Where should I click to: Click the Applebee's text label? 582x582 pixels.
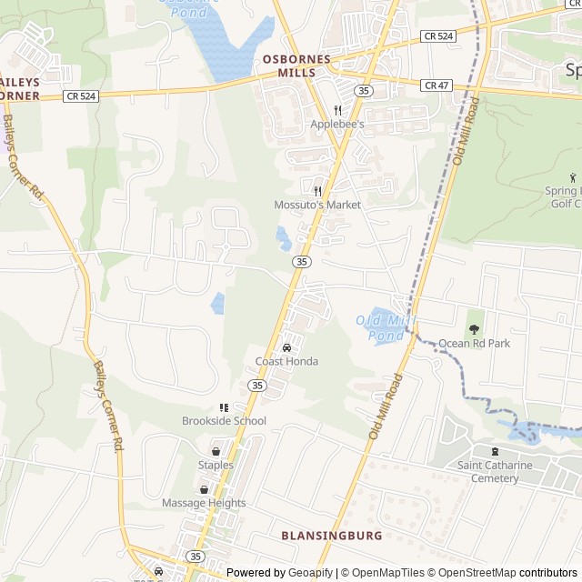click(x=336, y=124)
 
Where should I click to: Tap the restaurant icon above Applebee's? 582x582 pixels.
click(x=337, y=110)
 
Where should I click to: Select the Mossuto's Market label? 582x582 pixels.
click(x=317, y=205)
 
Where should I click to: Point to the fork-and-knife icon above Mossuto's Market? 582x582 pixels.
click(x=317, y=191)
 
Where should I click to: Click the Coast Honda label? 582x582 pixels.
click(x=286, y=361)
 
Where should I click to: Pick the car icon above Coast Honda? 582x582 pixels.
click(x=286, y=347)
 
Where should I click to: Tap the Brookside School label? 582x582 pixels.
click(x=224, y=421)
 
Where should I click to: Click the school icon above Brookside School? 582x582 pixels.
click(x=224, y=407)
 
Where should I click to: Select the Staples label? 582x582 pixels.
click(x=216, y=465)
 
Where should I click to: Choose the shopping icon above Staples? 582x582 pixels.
click(x=216, y=451)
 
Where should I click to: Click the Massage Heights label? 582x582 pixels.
click(x=204, y=503)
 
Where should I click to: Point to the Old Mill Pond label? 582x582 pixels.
click(x=380, y=326)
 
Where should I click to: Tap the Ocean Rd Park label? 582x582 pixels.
click(x=474, y=343)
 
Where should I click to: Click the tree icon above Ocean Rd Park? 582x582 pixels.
click(x=474, y=328)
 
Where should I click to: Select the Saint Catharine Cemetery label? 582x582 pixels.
click(x=495, y=472)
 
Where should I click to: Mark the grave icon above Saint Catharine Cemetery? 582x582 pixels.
click(x=495, y=452)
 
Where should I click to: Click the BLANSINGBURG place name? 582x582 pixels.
click(x=332, y=536)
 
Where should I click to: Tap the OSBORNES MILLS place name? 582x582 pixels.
click(x=296, y=65)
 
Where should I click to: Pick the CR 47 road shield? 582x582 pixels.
click(x=436, y=85)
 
